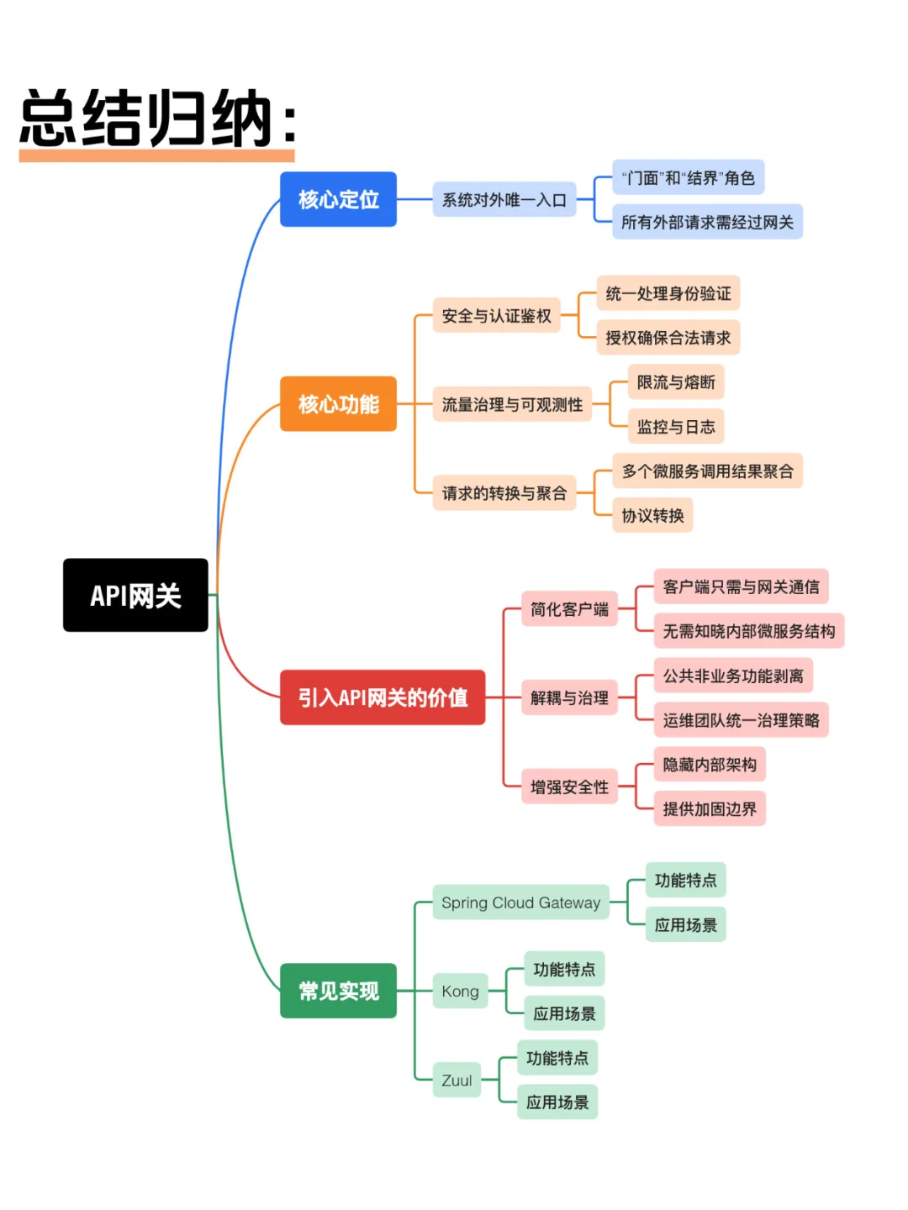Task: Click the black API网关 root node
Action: click(x=135, y=595)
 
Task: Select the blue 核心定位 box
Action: click(x=338, y=199)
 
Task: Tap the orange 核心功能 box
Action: click(x=338, y=404)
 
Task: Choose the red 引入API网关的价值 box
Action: click(x=383, y=697)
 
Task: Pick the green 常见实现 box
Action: click(x=338, y=991)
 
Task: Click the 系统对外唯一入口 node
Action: click(x=504, y=200)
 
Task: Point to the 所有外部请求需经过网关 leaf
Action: click(x=707, y=222)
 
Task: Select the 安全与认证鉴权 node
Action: click(x=496, y=316)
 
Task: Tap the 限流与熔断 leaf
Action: click(x=676, y=382)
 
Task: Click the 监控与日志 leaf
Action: click(x=676, y=427)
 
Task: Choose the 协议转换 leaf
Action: click(x=652, y=516)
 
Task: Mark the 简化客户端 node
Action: click(x=569, y=609)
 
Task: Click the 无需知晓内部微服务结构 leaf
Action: click(x=748, y=631)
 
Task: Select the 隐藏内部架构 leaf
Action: click(x=710, y=765)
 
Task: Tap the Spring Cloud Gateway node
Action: click(x=520, y=902)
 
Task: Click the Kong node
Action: click(x=460, y=992)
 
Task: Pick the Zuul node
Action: click(x=457, y=1081)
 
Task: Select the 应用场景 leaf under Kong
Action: click(x=564, y=1013)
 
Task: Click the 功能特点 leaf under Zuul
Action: click(x=557, y=1058)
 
